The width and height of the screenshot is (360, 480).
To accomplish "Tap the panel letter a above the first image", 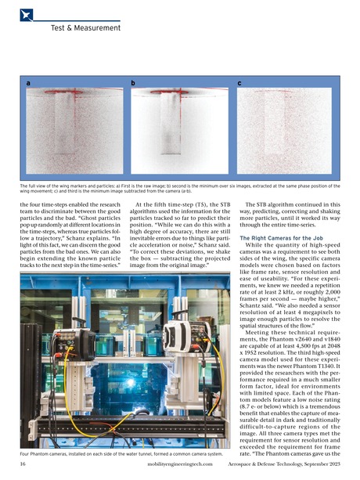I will pos(29,81).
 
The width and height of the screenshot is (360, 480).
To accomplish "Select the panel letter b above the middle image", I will pos(133,81).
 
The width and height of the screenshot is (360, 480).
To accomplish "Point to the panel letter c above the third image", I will pos(239,81).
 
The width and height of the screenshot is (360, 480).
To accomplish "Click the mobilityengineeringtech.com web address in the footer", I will pos(178,464).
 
